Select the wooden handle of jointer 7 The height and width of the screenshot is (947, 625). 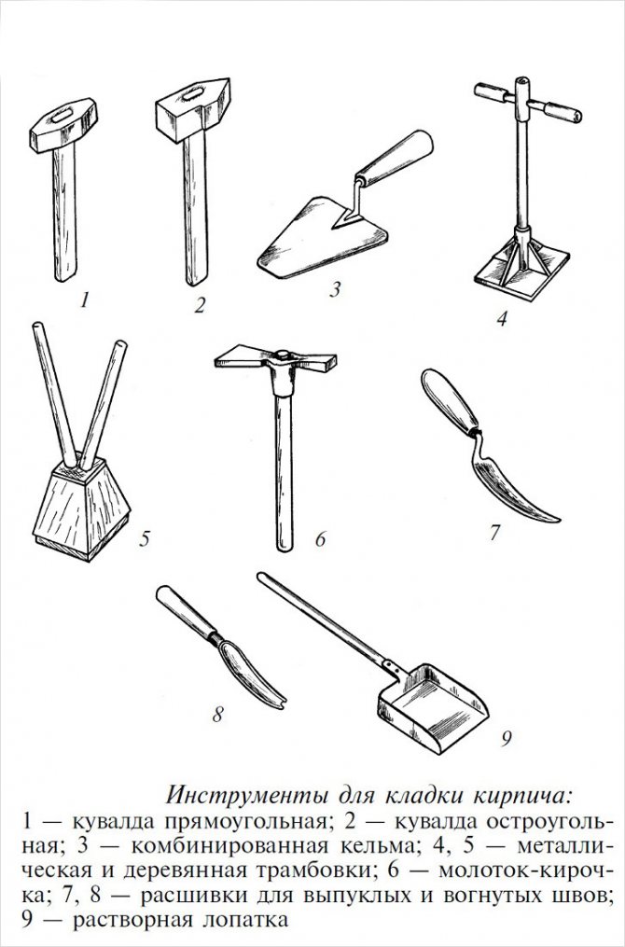(450, 401)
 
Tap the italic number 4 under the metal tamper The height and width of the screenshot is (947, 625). (502, 317)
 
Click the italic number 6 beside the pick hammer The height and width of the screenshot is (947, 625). (320, 538)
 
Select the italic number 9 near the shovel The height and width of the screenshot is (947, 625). (506, 738)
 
